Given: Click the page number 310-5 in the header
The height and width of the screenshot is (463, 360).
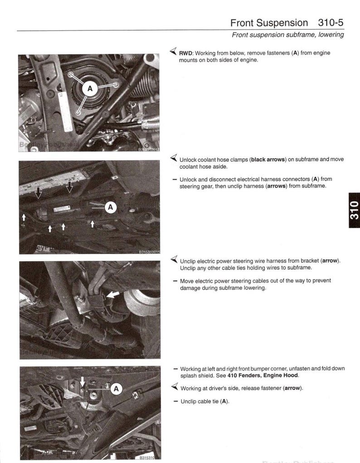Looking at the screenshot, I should click(328, 22).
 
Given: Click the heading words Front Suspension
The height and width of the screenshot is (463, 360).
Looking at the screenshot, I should click(269, 22).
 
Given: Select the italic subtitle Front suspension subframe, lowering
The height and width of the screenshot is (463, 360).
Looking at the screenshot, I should click(287, 35).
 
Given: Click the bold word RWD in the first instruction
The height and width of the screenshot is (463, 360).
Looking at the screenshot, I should click(186, 53).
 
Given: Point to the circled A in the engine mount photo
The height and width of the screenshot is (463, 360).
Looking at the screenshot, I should click(90, 89).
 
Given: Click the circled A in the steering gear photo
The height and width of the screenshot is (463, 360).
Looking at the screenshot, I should click(111, 207).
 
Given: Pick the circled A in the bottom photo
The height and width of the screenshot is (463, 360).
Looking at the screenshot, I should click(116, 389).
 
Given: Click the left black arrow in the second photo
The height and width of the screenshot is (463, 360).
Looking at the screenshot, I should click(39, 192).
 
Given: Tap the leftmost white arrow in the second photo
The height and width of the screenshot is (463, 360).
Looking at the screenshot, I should click(24, 217).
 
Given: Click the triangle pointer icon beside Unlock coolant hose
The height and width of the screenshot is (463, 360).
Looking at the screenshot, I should click(173, 159).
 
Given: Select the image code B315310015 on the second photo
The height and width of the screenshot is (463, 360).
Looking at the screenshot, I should click(149, 251).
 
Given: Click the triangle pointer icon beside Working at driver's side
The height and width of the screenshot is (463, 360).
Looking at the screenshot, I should click(173, 387).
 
